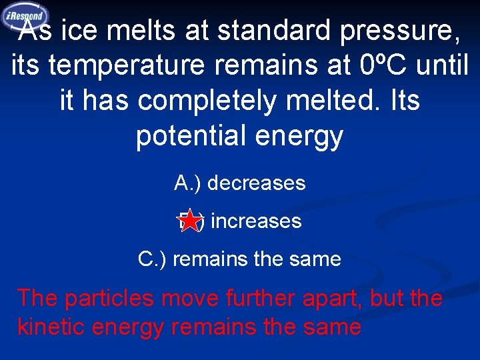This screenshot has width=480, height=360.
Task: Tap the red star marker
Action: (x=191, y=221)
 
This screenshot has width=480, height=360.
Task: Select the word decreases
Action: (x=261, y=183)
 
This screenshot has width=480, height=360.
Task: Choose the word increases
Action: (x=256, y=221)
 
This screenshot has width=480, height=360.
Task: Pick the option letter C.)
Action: (x=153, y=259)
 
